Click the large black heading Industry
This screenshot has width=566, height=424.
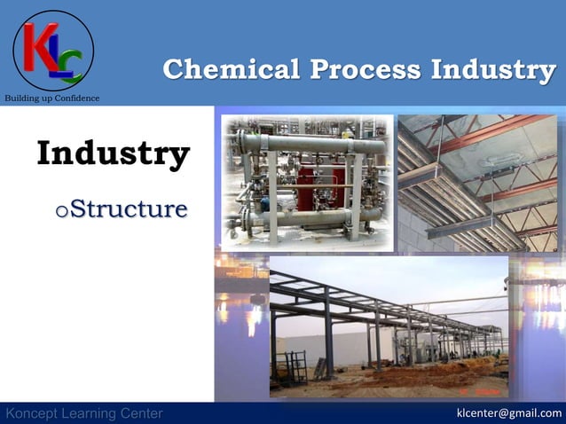[113, 153]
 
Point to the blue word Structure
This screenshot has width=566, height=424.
[129, 209]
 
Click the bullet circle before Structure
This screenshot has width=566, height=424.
[61, 211]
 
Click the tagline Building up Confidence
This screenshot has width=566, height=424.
[53, 98]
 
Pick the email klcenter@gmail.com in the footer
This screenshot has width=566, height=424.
[508, 413]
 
